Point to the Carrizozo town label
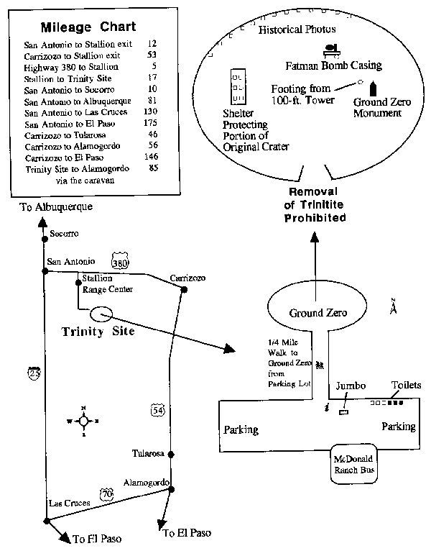click(187, 278)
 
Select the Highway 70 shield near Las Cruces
click(106, 494)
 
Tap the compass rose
click(83, 421)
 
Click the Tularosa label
click(149, 454)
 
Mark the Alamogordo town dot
click(172, 491)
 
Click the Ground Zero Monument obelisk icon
click(372, 89)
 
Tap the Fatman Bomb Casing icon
click(331, 50)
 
